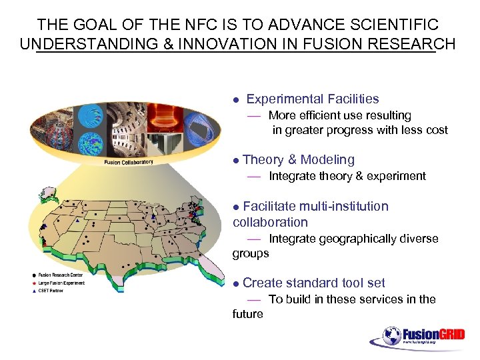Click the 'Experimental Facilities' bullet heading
pyautogui.click(x=312, y=99)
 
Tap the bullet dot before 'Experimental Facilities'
pyautogui.click(x=235, y=100)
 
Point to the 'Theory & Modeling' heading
pyautogui.click(x=299, y=159)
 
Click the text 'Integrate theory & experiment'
pyautogui.click(x=347, y=176)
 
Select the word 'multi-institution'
pyautogui.click(x=343, y=206)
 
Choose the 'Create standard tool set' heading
pyautogui.click(x=314, y=283)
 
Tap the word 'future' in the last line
pyautogui.click(x=248, y=314)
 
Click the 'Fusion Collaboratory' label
pyautogui.click(x=129, y=162)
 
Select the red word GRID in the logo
pyautogui.click(x=451, y=334)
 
